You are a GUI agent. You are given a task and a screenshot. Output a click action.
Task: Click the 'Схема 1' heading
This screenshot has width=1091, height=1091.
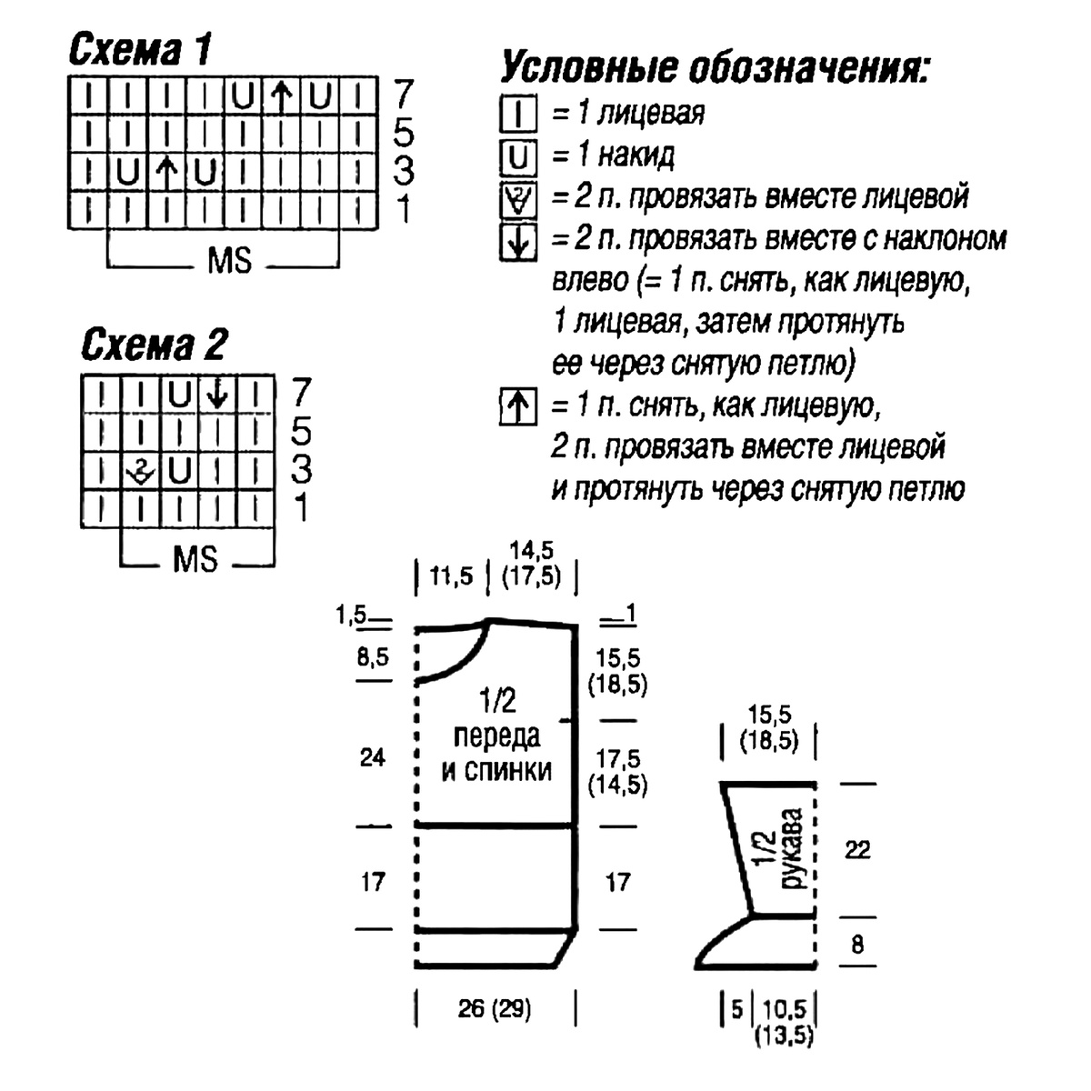[140, 49]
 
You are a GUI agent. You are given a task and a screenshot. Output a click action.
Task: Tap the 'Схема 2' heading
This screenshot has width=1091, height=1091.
[154, 344]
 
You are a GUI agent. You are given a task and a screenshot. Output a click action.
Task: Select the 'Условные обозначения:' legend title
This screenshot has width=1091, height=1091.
[715, 67]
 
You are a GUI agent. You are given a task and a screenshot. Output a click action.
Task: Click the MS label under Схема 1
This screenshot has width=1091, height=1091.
[229, 261]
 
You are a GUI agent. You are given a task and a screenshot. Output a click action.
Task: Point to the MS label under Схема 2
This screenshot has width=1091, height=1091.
[195, 559]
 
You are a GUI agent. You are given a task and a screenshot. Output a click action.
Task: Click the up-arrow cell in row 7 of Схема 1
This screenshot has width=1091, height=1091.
[281, 95]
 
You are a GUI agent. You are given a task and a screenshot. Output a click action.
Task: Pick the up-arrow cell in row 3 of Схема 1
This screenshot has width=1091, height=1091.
[166, 172]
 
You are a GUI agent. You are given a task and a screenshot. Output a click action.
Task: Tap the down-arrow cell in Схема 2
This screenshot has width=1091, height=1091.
[217, 394]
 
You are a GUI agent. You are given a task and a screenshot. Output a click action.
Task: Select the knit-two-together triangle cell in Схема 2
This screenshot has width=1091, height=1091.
[140, 470]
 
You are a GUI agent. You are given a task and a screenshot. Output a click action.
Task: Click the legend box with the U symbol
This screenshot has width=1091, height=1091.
[518, 156]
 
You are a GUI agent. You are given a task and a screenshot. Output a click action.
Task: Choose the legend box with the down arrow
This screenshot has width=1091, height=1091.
[518, 243]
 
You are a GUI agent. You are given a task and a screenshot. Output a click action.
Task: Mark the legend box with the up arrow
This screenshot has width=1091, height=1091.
[518, 405]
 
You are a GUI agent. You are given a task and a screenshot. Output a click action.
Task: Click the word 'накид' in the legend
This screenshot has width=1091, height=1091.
[636, 155]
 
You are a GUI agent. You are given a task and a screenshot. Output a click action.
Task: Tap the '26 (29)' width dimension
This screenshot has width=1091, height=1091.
[495, 1008]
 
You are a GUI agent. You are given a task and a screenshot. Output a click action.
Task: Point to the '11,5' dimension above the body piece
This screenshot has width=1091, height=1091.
[451, 576]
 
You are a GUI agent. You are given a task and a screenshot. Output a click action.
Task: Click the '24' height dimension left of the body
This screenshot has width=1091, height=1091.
[373, 757]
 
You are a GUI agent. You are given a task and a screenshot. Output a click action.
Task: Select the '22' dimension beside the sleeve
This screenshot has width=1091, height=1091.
[857, 850]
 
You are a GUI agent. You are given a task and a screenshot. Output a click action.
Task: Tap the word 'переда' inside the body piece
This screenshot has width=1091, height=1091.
[496, 736]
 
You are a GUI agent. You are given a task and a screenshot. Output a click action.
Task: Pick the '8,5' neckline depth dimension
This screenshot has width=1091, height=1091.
[373, 656]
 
